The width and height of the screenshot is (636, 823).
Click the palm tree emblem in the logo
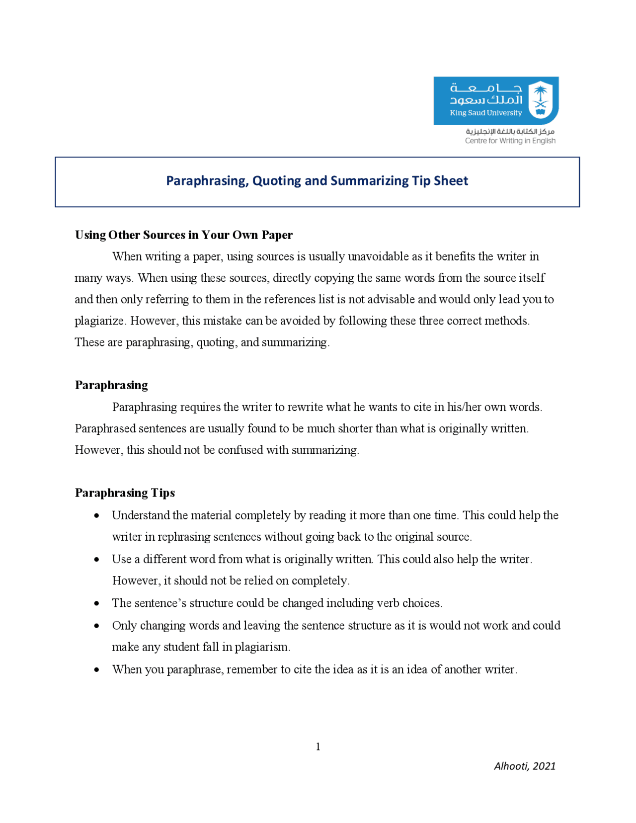541,99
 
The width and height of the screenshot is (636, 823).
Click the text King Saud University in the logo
485,113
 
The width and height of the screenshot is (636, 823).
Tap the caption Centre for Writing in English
510,141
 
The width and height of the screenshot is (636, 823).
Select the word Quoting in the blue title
275,180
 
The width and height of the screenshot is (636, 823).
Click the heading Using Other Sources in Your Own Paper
183,235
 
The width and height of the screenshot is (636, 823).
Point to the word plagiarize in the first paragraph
99,321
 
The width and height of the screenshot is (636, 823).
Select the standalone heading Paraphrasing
111,385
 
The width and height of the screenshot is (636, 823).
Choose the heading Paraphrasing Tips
125,493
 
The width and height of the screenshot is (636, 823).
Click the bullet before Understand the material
96,516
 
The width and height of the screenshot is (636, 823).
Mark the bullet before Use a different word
96,560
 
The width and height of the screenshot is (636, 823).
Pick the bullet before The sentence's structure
96,603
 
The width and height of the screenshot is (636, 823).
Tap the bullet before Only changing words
96,626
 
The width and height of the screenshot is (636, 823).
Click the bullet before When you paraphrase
96,670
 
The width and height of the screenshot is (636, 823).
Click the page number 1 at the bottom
318,746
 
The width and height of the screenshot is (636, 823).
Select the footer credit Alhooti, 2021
524,766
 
